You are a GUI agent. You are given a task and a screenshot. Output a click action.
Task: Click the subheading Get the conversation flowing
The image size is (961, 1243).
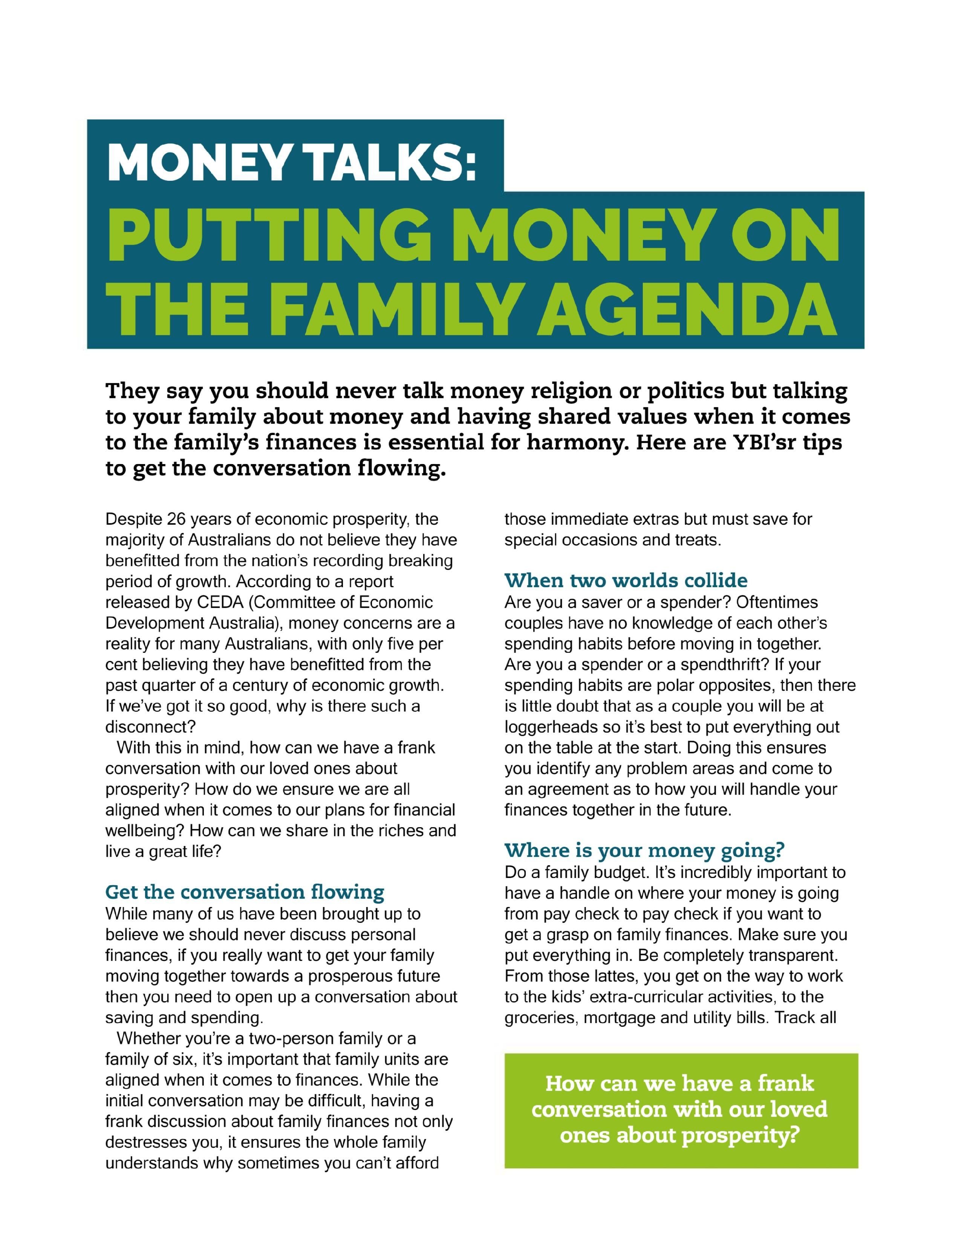coord(245,892)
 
